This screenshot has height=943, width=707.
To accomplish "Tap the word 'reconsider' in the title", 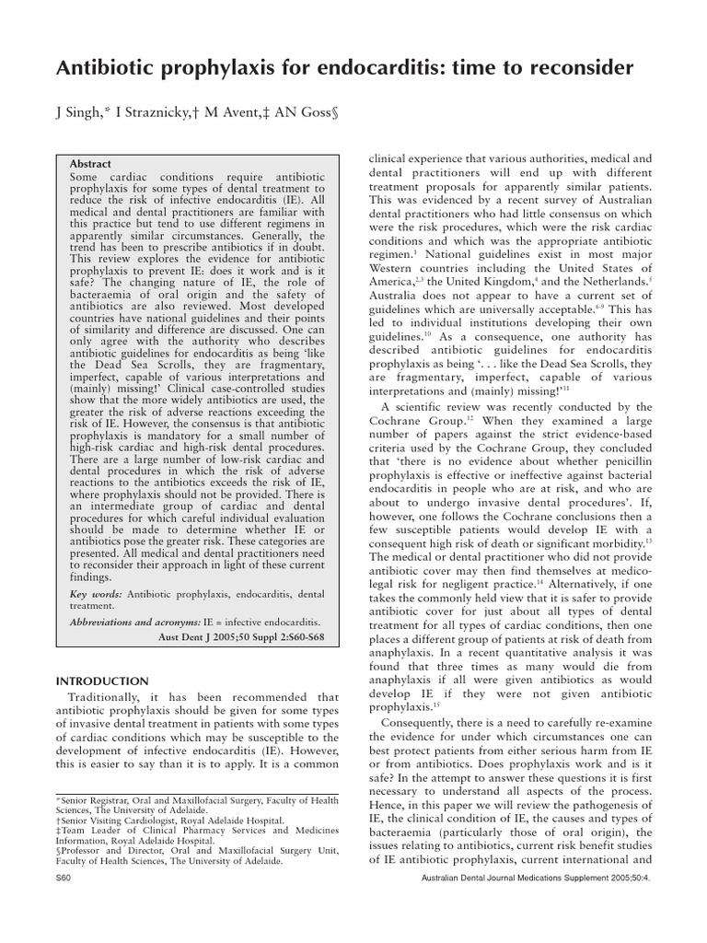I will (580, 68).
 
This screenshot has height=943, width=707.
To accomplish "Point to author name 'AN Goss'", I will (303, 113).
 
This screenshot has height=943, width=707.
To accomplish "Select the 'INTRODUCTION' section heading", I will (102, 681).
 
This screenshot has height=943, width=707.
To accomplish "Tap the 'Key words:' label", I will (96, 596).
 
